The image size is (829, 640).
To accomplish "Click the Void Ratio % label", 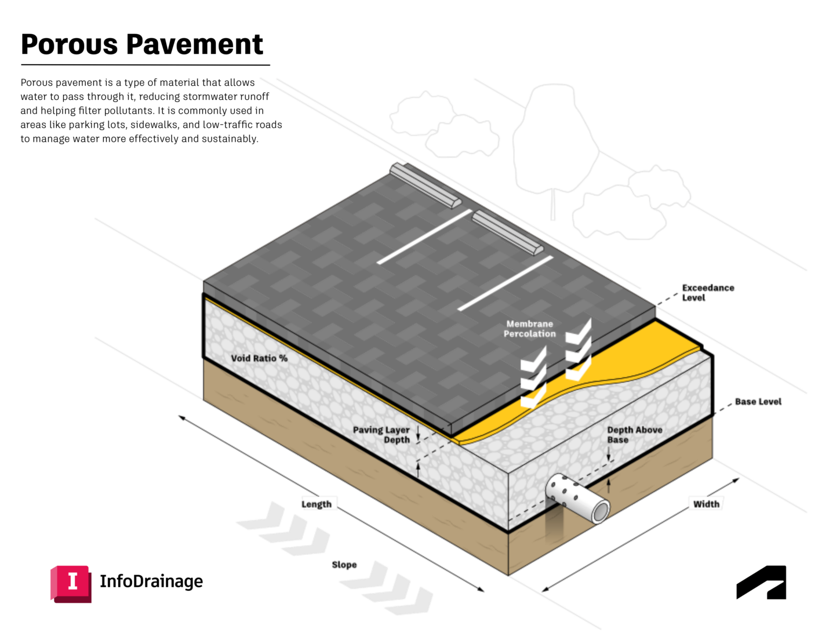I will click(259, 359).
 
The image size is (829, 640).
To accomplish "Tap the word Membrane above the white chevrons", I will click(529, 324).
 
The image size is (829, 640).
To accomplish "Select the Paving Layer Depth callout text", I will click(382, 435).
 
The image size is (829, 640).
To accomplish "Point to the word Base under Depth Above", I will click(617, 440).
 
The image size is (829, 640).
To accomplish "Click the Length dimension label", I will click(317, 504).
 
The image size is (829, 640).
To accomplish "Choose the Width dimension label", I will click(706, 504).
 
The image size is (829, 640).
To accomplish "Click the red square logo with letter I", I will click(71, 583).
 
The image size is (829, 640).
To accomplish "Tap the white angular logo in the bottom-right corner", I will click(762, 583).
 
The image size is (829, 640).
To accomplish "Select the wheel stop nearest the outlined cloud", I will click(425, 185).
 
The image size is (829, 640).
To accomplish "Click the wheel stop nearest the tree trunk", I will click(507, 233).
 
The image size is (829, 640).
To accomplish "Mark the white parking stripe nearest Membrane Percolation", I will click(506, 283).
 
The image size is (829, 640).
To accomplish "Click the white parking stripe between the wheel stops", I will click(424, 237).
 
